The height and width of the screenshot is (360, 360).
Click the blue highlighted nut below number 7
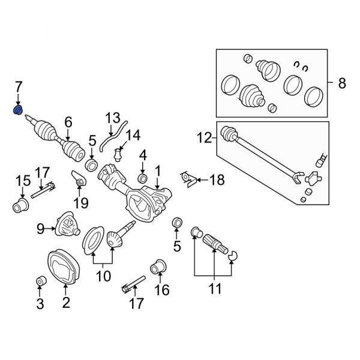19,110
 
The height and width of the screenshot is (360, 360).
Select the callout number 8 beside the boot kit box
341,84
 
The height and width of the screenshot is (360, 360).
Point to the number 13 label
113,118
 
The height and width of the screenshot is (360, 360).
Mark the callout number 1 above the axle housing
157,172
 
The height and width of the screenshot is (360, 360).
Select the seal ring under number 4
143,179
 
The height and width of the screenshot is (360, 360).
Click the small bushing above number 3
40,281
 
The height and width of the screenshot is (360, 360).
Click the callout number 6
68,124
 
